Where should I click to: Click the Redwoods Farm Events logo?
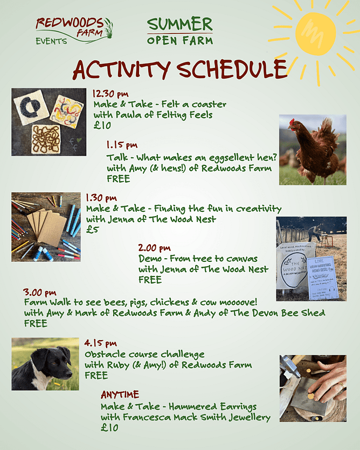coord(74,31)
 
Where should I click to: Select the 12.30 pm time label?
coord(110,94)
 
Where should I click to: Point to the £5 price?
coord(93,230)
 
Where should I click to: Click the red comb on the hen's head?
coord(292,121)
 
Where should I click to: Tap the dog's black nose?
coord(70,373)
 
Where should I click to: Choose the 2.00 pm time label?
coord(155,248)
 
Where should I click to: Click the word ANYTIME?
coord(120,394)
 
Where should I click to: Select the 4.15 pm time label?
coord(100,343)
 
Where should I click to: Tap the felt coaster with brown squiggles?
coord(46,139)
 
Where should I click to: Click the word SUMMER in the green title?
coord(180,24)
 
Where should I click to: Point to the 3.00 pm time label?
coord(40,293)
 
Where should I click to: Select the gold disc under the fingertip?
coord(311,396)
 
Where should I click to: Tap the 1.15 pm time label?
coord(122,145)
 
